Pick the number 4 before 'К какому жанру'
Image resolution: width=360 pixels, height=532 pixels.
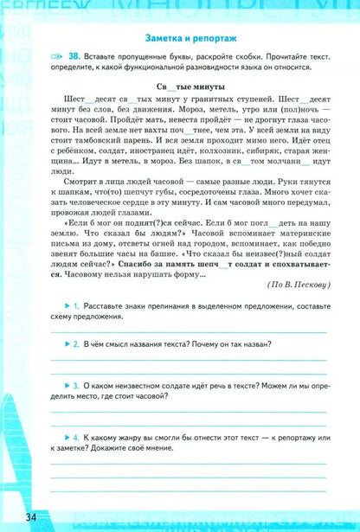pos(77,438)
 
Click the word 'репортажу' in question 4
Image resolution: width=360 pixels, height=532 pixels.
pos(276,438)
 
